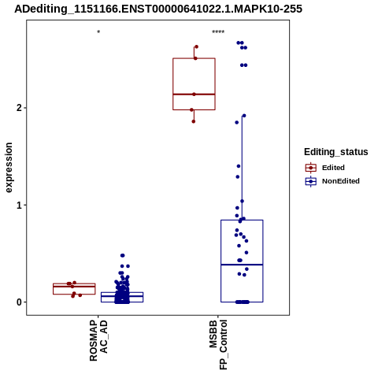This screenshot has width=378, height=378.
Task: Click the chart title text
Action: click(x=158, y=9)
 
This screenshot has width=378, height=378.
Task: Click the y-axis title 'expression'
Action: click(x=9, y=168)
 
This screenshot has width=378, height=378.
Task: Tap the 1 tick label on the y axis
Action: click(x=19, y=205)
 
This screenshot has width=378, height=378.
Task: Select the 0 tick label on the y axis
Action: click(x=19, y=302)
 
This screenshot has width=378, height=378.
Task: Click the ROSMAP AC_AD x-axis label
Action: click(x=98, y=340)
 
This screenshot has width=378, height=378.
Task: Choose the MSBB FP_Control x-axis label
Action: click(x=218, y=345)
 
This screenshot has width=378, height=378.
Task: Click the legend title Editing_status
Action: click(x=336, y=152)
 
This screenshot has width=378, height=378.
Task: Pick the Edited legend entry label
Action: click(x=333, y=168)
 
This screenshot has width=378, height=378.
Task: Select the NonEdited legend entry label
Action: click(x=341, y=181)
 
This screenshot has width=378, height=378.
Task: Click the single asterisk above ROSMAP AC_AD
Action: click(x=98, y=32)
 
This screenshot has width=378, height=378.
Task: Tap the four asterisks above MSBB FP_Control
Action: click(x=218, y=32)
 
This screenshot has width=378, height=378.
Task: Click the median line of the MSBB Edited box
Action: click(x=194, y=94)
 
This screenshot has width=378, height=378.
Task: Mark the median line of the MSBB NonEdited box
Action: click(x=242, y=265)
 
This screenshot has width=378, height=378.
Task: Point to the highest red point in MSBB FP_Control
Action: click(x=196, y=46)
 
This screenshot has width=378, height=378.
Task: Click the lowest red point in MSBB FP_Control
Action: click(x=194, y=121)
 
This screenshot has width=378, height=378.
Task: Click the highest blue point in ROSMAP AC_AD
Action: click(x=122, y=255)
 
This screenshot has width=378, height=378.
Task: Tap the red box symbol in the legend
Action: click(x=311, y=168)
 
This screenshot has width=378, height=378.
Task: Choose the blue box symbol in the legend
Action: click(x=311, y=181)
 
